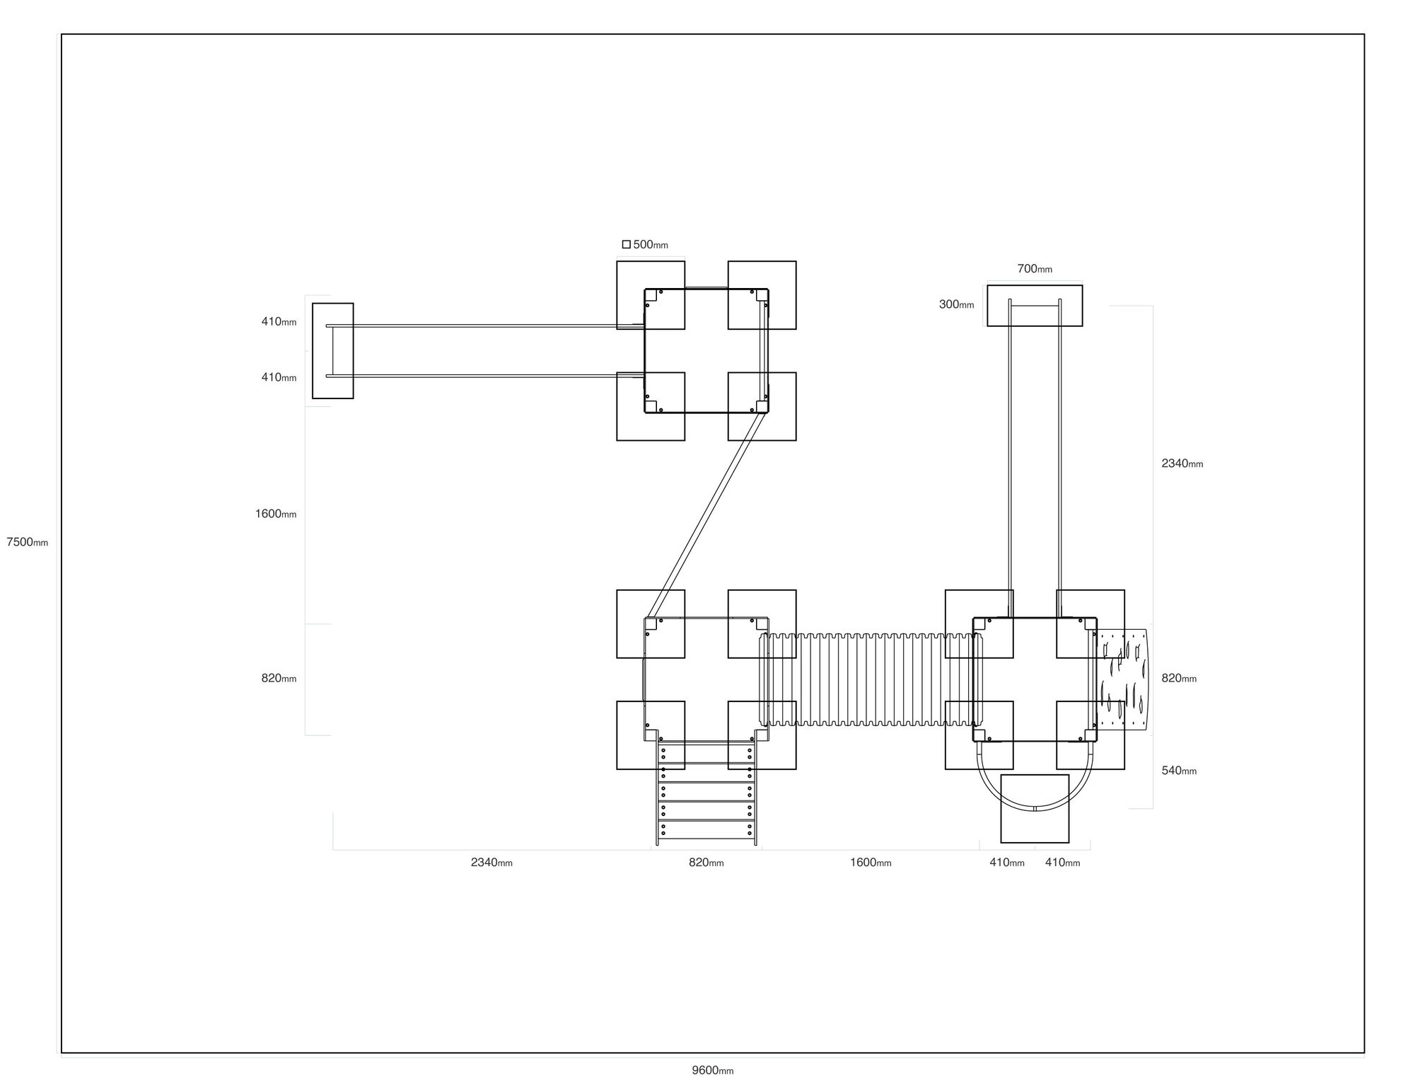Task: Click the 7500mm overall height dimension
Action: pyautogui.click(x=28, y=542)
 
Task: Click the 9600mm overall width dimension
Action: pyautogui.click(x=713, y=1070)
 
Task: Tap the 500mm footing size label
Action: pyautogui.click(x=651, y=244)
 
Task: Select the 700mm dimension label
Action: pyautogui.click(x=1035, y=268)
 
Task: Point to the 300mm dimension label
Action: pyautogui.click(x=956, y=304)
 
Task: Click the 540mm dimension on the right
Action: pyautogui.click(x=1179, y=770)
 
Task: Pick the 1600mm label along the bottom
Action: pyautogui.click(x=871, y=862)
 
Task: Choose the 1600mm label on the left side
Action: pyautogui.click(x=276, y=514)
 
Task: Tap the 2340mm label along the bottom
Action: pyautogui.click(x=492, y=862)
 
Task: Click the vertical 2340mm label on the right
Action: pyautogui.click(x=1182, y=464)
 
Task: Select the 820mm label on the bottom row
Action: pyautogui.click(x=706, y=862)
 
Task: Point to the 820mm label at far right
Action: pyautogui.click(x=1179, y=678)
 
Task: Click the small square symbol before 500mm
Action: pyautogui.click(x=626, y=244)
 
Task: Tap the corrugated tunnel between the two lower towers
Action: pyautogui.click(x=871, y=680)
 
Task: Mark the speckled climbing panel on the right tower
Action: pyautogui.click(x=1122, y=679)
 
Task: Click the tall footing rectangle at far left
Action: pyautogui.click(x=333, y=351)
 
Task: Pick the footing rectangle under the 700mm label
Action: pyautogui.click(x=1035, y=306)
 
